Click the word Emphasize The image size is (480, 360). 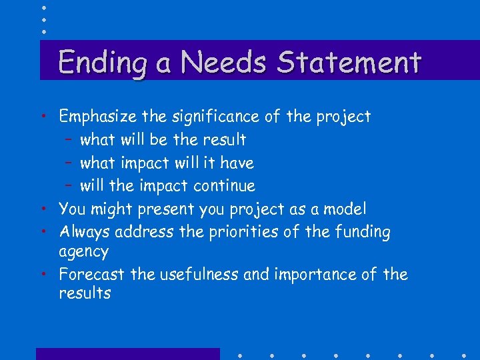click(97, 117)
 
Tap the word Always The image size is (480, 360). click(84, 232)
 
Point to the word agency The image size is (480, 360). click(83, 253)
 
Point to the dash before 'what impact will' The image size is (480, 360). click(69, 163)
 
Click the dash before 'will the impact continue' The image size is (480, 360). click(69, 186)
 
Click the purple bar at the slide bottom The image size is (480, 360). click(127, 354)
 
